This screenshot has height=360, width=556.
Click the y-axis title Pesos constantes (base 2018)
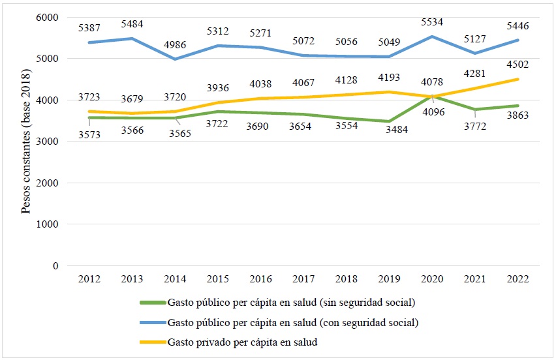tap(27, 142)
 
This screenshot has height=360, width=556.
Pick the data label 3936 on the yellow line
tap(217, 88)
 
